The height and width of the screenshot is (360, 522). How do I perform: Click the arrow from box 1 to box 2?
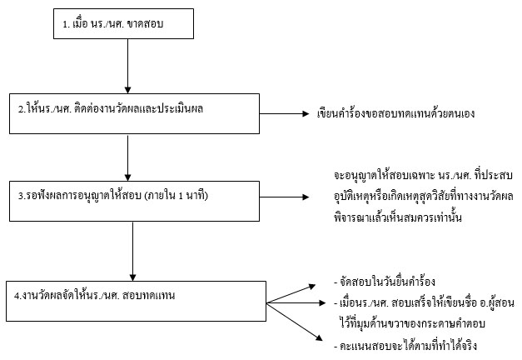[x=127, y=66]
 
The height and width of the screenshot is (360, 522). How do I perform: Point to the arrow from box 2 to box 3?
[x=127, y=157]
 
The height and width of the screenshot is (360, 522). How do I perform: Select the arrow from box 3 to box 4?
[x=132, y=252]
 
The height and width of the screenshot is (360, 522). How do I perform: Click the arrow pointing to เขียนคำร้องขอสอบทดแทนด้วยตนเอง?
[x=284, y=113]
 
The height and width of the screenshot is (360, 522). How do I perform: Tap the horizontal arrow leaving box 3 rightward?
[x=284, y=197]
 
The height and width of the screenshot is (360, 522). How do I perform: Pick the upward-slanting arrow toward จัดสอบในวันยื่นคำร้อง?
[x=291, y=293]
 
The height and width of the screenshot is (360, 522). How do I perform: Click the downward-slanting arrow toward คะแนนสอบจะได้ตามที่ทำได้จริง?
[x=295, y=322]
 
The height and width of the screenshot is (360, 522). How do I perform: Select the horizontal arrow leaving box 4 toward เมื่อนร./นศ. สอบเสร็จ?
[x=296, y=302]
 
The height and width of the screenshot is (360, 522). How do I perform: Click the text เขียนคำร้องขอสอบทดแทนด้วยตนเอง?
[x=395, y=113]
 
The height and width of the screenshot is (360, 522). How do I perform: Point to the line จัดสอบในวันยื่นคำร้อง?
[x=385, y=282]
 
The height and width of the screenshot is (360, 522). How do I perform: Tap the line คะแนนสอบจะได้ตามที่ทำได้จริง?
[x=405, y=345]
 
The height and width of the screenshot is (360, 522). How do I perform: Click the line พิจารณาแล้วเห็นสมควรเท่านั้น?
[x=398, y=217]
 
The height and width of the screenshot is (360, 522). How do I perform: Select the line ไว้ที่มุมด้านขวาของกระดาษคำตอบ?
[x=412, y=323]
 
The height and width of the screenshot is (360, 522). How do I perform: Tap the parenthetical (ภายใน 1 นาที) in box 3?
[x=176, y=195]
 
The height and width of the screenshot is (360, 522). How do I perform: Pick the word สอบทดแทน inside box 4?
[x=148, y=295]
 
